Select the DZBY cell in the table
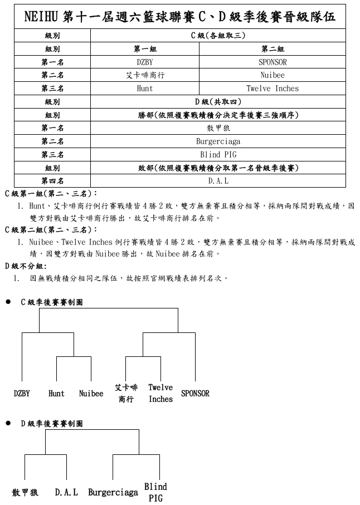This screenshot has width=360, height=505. [x=144, y=62]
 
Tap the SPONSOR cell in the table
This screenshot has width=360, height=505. [x=273, y=62]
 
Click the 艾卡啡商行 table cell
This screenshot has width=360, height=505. [x=144, y=75]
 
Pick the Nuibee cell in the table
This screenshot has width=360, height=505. [x=273, y=75]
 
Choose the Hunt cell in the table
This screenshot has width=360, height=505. [x=144, y=89]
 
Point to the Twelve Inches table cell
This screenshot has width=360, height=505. [x=273, y=89]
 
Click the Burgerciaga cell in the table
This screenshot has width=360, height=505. [x=218, y=141]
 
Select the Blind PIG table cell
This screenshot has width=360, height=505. [x=218, y=155]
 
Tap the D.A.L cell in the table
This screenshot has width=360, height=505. [x=218, y=181]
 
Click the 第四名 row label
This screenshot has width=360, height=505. [x=52, y=181]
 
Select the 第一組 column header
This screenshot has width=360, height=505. [x=144, y=49]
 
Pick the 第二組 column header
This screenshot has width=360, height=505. [x=273, y=49]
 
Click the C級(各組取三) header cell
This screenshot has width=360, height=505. [x=218, y=36]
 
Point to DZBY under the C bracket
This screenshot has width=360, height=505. [x=22, y=394]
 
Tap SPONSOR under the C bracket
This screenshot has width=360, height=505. [x=195, y=394]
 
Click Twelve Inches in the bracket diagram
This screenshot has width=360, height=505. [x=160, y=393]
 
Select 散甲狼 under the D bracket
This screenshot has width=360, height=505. [x=25, y=493]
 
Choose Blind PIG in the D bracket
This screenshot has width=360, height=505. [x=155, y=492]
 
